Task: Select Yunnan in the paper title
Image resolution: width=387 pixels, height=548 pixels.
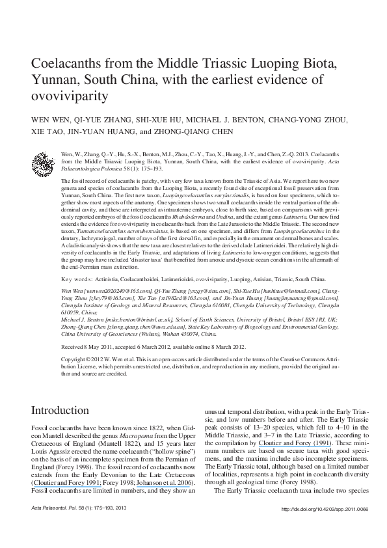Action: click(55, 81)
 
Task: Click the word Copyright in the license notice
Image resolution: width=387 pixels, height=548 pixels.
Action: click(53, 359)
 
